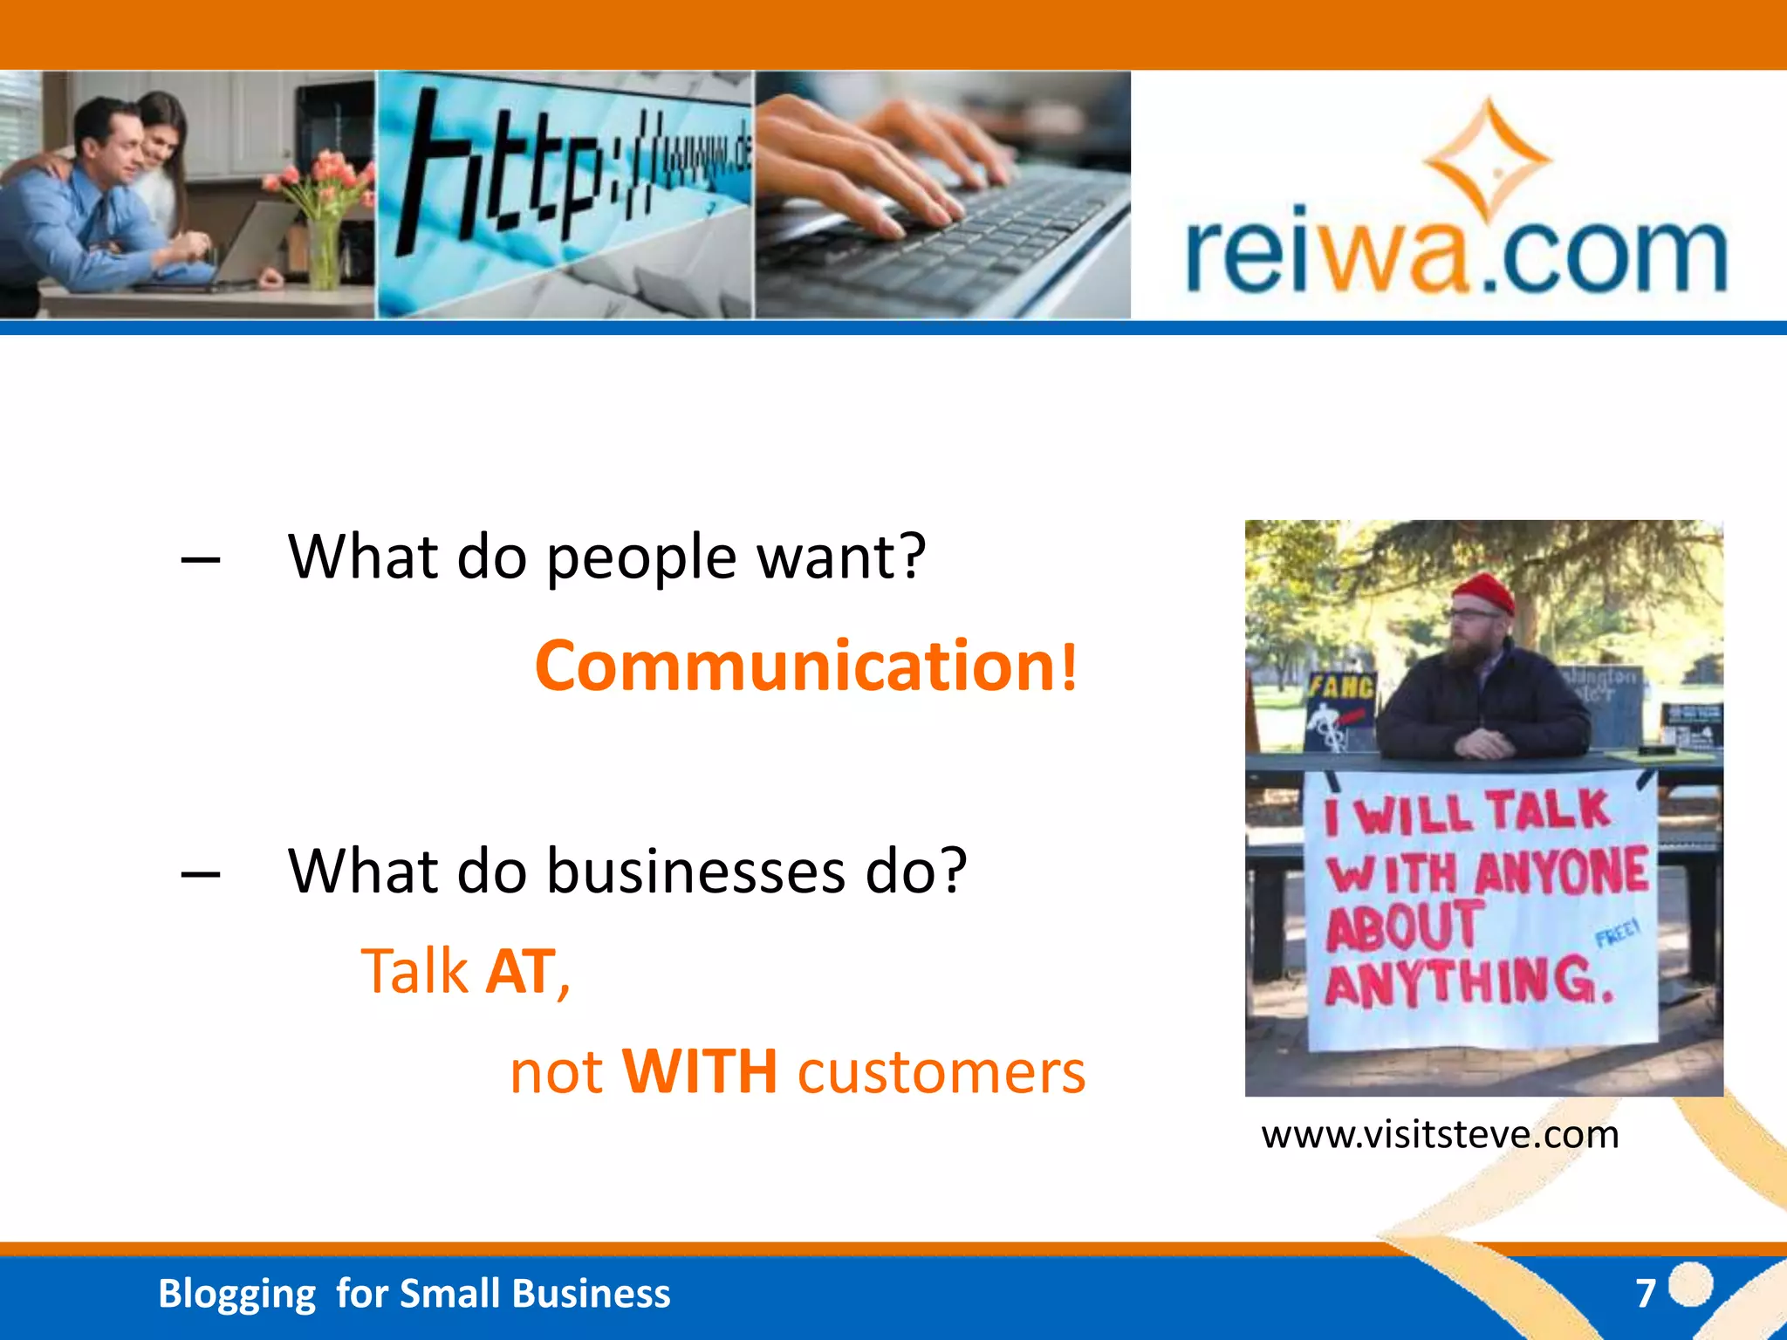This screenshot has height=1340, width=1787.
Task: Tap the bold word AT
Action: click(522, 972)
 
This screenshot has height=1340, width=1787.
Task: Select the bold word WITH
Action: click(699, 1071)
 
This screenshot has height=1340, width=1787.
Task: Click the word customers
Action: click(941, 1073)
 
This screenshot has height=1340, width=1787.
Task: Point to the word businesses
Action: click(695, 872)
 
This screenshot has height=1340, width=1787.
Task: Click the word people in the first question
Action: click(641, 558)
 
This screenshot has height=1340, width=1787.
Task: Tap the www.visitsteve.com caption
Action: click(1440, 1135)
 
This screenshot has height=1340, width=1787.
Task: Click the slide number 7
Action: click(1646, 1293)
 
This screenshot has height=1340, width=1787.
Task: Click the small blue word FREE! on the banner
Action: click(1617, 933)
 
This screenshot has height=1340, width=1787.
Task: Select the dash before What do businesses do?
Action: click(201, 873)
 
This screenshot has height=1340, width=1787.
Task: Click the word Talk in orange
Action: click(414, 972)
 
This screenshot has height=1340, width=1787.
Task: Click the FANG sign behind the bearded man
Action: click(1340, 688)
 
